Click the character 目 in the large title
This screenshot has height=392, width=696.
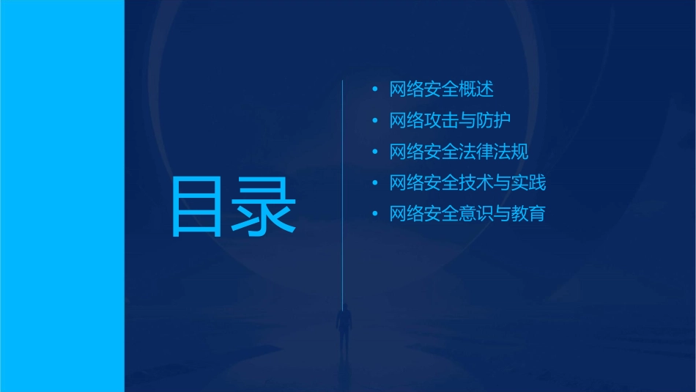coord(196,207)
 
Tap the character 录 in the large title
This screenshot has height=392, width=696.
coord(266,207)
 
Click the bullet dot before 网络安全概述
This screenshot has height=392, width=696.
coord(375,89)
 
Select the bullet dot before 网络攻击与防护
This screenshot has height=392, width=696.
coord(375,120)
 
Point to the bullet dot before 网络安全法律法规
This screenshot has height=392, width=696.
coord(375,152)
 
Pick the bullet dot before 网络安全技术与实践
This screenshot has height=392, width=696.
coord(375,182)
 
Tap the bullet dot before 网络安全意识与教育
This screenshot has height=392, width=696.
coord(375,214)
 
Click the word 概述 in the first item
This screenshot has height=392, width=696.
coord(477,89)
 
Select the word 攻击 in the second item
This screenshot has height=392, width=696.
coord(442,120)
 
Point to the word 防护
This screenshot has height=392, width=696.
coord(495,120)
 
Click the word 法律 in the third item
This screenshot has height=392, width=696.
coord(477,152)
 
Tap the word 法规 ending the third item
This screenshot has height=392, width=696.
coord(511,152)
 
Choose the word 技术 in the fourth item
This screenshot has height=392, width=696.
coord(477,182)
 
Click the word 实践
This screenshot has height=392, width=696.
coord(529,182)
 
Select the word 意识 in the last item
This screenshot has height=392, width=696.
coord(477,214)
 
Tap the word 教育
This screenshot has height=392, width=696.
coord(529,214)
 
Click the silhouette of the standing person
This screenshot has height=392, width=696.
coord(343,326)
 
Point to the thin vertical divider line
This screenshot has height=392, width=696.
coord(343,183)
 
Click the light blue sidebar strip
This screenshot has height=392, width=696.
coord(62,196)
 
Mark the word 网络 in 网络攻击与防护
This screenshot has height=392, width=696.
coord(407,120)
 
